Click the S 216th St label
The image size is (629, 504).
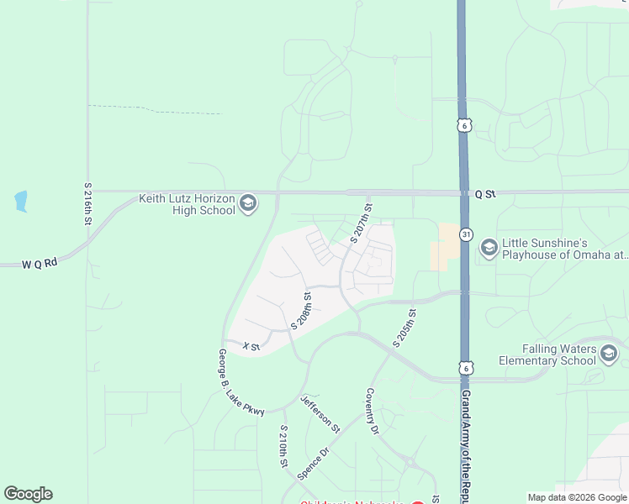coord(87,203)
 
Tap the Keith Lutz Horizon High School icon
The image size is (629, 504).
coord(248,203)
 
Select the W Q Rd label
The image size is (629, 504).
coord(40,263)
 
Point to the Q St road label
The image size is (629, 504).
coord(485,194)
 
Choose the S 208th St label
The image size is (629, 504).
coord(302,312)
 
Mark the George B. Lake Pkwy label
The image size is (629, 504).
coord(240,383)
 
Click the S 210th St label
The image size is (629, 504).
coord(284,446)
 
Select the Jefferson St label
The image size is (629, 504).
coord(320,414)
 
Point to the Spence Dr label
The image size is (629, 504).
coord(311,463)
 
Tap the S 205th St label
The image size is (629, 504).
coord(404,328)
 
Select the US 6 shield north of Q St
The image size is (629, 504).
coord(463,125)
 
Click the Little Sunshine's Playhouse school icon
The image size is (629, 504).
coord(489,248)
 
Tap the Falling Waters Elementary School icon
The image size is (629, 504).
coord(609,354)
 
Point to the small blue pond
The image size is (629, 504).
coord(21,202)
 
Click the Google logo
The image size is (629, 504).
coord(28,494)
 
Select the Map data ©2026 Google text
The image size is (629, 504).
coord(576,497)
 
